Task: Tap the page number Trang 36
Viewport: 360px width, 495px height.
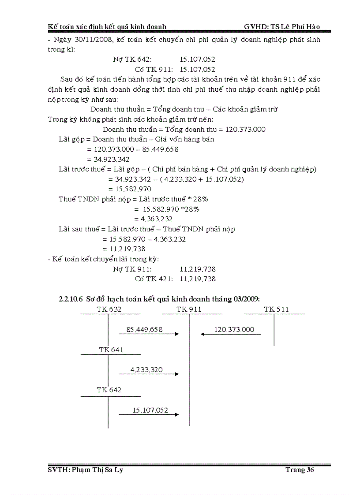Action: point(300,470)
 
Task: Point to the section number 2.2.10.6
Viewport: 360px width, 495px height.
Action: point(71,299)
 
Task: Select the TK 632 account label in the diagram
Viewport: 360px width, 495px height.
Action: point(109,309)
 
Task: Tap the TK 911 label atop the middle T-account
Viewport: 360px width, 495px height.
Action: point(189,309)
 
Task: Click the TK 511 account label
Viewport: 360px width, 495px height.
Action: point(276,309)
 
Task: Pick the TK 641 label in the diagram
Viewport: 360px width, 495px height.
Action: point(111,350)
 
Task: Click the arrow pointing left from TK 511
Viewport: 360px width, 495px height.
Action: point(230,334)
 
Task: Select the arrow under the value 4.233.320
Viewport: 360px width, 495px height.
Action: point(149,374)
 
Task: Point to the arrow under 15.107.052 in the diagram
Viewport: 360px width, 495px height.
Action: point(149,414)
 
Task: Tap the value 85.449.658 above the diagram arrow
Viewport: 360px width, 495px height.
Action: point(144,329)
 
